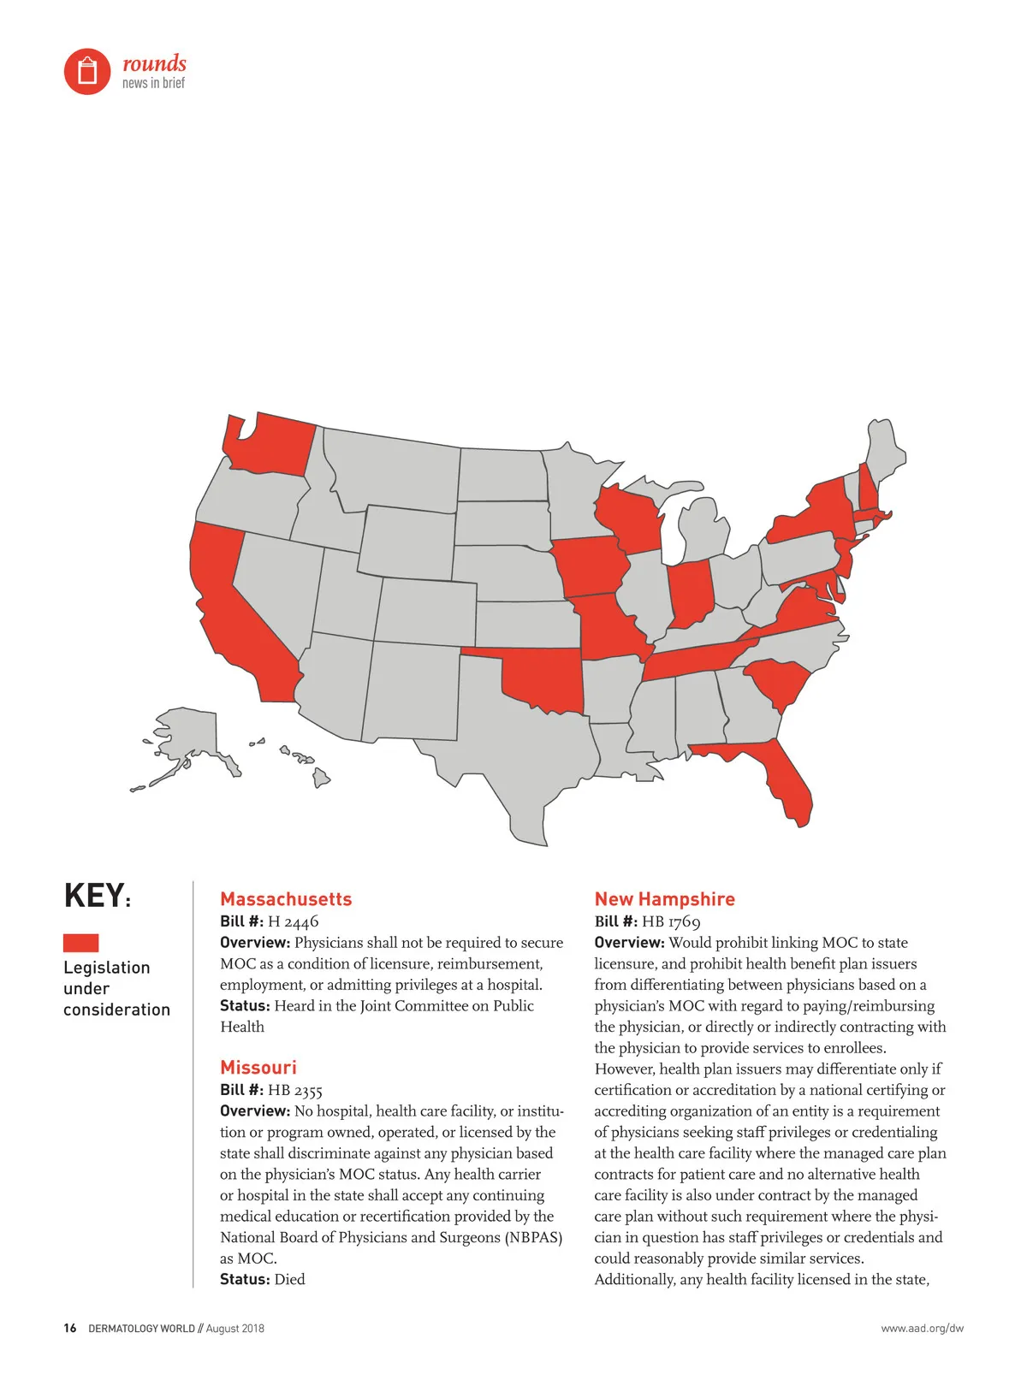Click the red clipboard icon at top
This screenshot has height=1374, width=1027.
point(87,71)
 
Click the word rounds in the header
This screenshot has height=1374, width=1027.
point(154,63)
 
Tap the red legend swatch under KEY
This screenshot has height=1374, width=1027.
point(80,943)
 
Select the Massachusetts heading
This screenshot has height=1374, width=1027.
point(286,899)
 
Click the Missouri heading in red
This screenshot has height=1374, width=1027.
point(258,1068)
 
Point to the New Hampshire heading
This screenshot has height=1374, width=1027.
point(664,899)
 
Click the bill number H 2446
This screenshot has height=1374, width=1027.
point(293,921)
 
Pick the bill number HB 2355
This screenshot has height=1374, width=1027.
point(295,1090)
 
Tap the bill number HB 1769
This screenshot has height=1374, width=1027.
point(671,921)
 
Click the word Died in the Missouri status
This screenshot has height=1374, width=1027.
point(289,1279)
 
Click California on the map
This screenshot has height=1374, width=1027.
point(235,616)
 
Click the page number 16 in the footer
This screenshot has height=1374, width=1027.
point(70,1329)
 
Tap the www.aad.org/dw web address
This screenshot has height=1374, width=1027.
point(922,1329)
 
